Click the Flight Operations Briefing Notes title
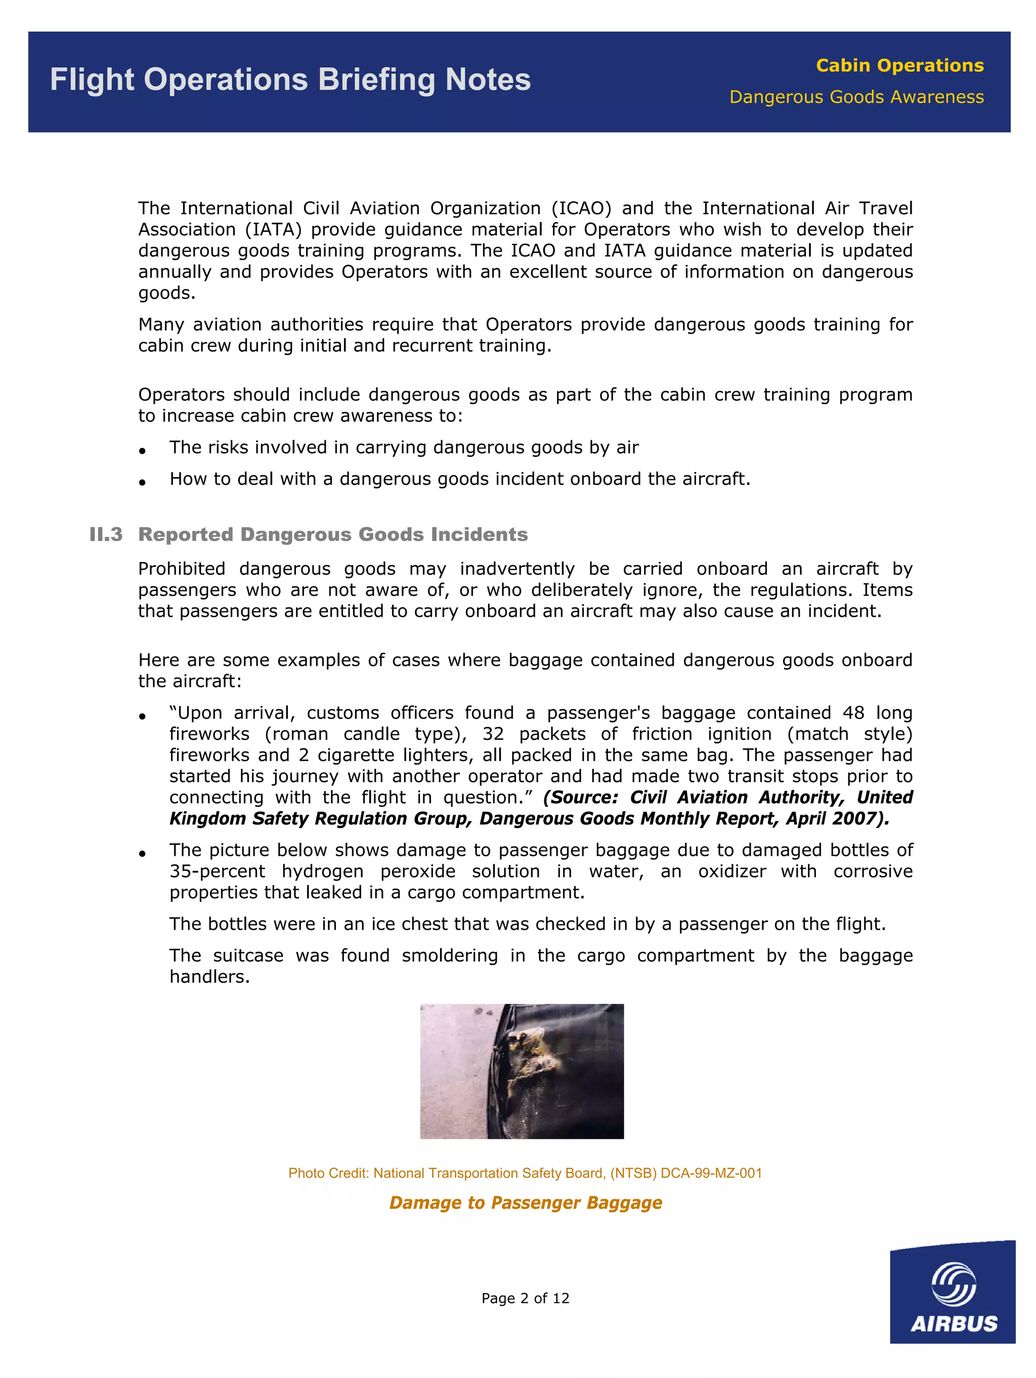(x=290, y=80)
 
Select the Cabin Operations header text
(x=899, y=65)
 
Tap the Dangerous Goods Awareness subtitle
(x=856, y=97)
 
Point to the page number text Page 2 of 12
(x=525, y=1298)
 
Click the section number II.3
(x=105, y=534)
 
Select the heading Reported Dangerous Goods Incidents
(x=332, y=534)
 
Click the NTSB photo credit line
(x=525, y=1173)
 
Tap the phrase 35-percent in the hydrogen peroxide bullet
(x=217, y=871)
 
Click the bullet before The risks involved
(x=143, y=450)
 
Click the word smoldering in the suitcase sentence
(x=449, y=955)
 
